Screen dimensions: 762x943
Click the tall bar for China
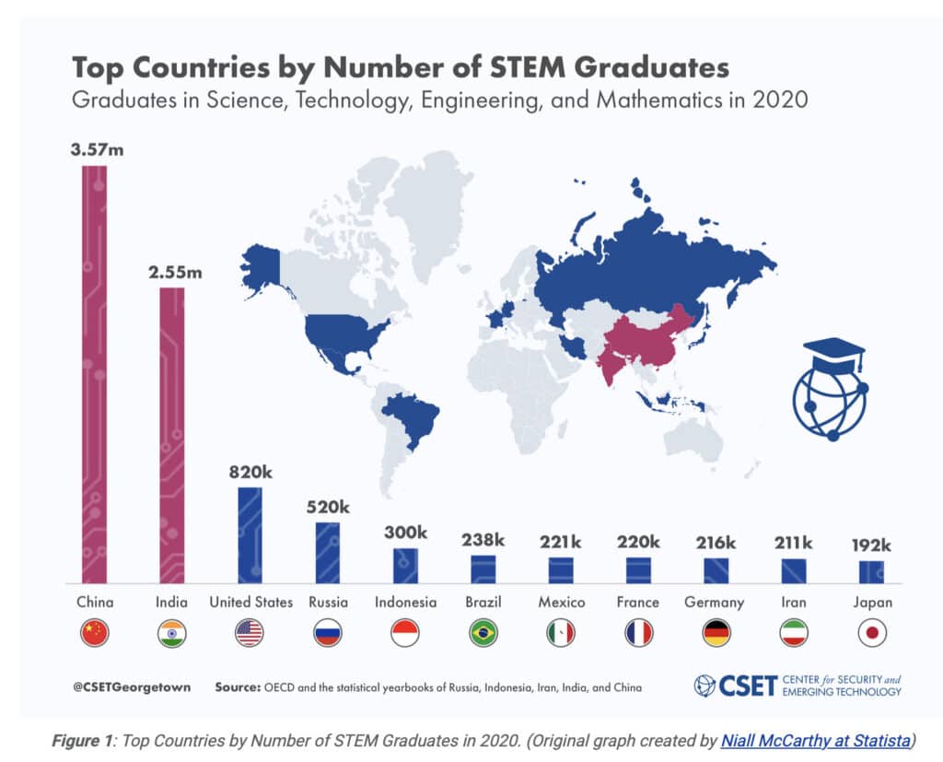click(x=94, y=373)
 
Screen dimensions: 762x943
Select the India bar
click(x=172, y=433)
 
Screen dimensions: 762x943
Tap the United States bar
click(x=250, y=534)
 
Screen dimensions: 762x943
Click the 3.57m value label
click(x=94, y=148)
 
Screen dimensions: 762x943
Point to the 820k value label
click(x=250, y=471)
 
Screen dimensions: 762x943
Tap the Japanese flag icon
click(x=871, y=633)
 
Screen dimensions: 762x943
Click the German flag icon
click(x=715, y=633)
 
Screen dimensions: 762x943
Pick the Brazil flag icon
click(x=483, y=633)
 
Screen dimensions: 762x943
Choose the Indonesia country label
click(x=405, y=603)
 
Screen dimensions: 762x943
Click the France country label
click(x=638, y=603)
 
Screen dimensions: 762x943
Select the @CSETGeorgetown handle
click(x=124, y=687)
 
